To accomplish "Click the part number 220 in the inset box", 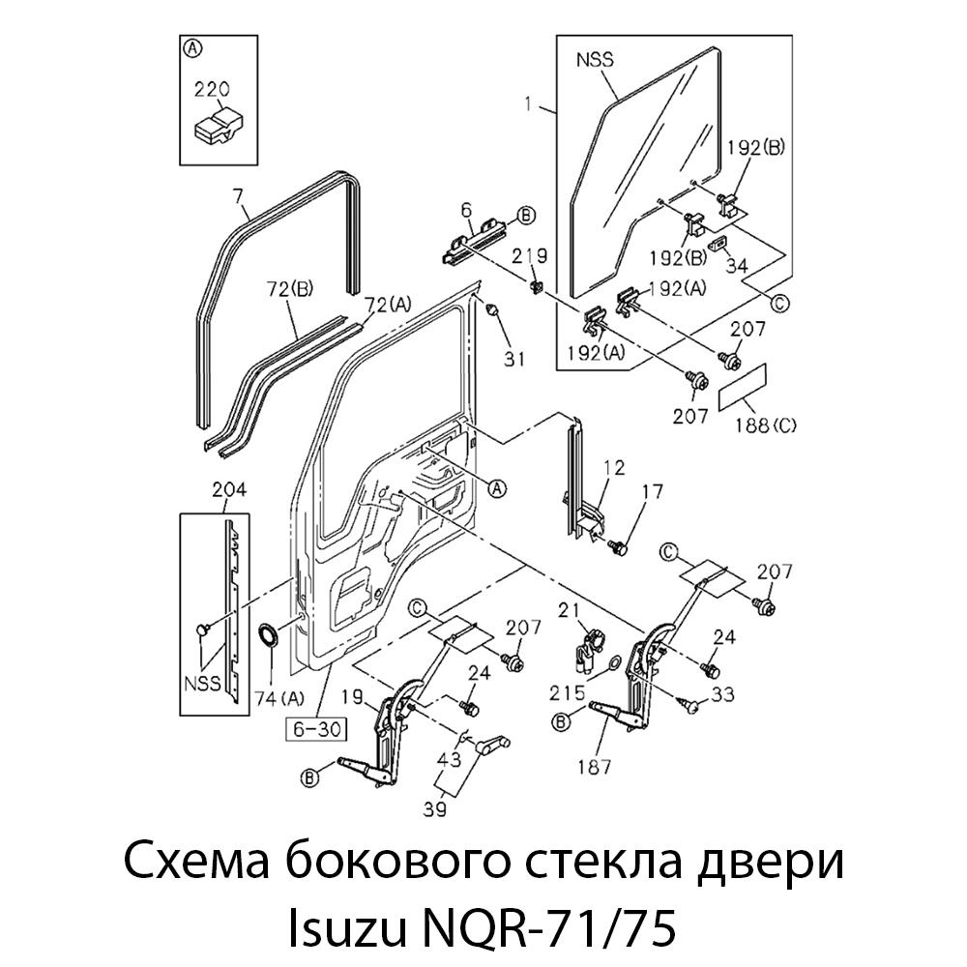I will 212,90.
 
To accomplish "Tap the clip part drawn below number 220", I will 220,125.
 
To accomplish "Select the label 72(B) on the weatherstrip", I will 290,288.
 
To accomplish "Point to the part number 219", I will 529,256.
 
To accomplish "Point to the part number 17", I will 653,491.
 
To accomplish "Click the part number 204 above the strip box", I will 228,490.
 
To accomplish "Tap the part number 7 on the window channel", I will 237,197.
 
